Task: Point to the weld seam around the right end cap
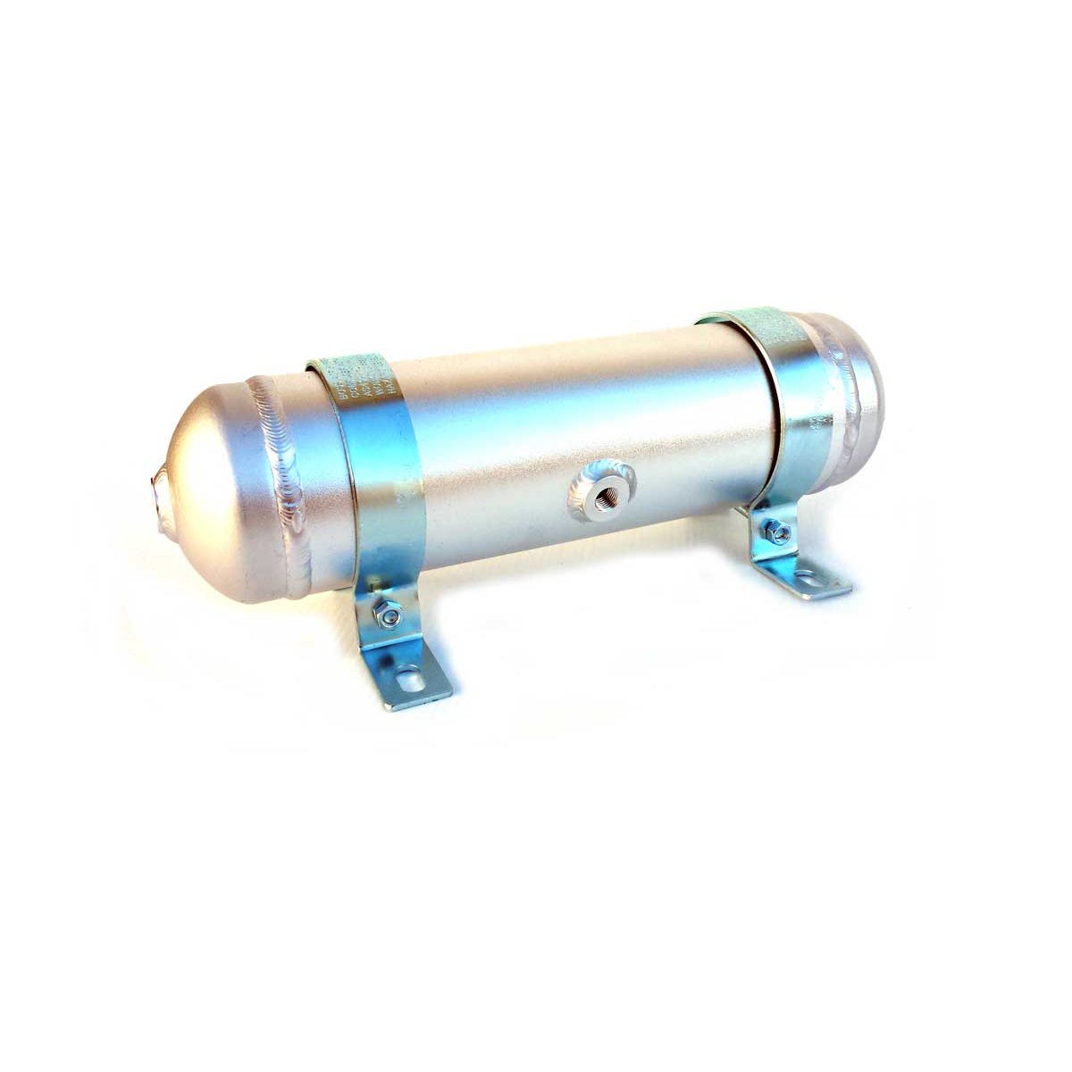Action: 853,375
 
